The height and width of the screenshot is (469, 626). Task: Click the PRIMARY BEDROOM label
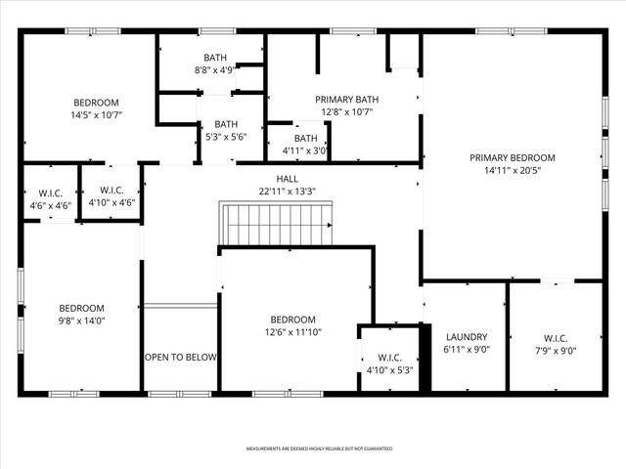coord(512,157)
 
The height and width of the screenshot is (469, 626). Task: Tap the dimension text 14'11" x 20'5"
coord(512,171)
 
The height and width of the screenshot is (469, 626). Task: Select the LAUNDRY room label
coord(466,335)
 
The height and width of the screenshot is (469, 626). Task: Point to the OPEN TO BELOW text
coord(180,358)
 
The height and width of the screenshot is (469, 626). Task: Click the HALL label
coord(287,179)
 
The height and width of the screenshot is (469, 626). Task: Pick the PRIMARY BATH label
coord(346,99)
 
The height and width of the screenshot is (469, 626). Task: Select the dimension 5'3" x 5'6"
coord(226,138)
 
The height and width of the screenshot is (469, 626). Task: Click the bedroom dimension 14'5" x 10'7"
coord(96,115)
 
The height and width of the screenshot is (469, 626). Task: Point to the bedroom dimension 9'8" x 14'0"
coord(80,320)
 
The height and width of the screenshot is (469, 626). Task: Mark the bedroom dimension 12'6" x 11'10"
coord(292,333)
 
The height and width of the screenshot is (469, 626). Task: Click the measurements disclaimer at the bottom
coord(319,448)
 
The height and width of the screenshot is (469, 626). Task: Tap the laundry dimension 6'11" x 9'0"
coord(466,349)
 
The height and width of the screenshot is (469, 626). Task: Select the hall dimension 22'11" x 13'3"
coord(287,192)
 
